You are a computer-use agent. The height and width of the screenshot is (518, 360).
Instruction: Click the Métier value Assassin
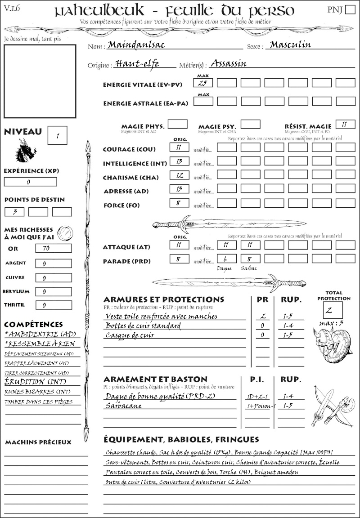229,63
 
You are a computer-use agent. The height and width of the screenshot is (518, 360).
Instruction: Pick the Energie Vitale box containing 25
203,83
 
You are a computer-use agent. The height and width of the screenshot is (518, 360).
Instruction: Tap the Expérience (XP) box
30,182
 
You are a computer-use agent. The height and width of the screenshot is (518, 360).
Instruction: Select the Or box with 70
53,248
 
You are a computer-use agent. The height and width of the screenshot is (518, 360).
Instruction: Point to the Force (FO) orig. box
179,203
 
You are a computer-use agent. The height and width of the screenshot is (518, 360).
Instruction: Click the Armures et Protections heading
163,299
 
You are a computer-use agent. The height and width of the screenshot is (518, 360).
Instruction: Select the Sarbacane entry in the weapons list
123,406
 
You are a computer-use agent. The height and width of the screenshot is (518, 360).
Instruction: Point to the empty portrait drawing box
40,80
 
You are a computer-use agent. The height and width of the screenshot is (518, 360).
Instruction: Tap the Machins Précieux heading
38,442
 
